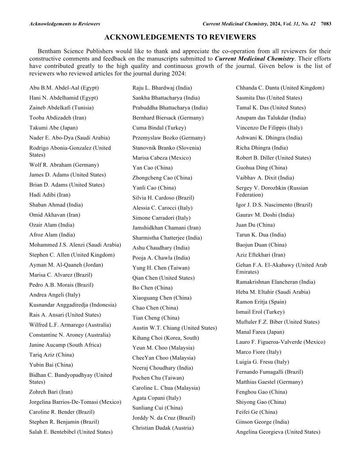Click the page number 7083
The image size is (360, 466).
click(x=326, y=23)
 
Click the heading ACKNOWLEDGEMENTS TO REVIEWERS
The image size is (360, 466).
click(x=180, y=38)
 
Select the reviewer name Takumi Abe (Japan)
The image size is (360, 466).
click(x=53, y=128)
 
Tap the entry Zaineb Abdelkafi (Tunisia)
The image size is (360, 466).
click(x=61, y=108)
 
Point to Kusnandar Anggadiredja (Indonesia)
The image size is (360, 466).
click(x=73, y=304)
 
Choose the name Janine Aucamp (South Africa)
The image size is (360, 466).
click(x=65, y=345)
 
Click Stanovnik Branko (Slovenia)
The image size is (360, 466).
click(x=166, y=148)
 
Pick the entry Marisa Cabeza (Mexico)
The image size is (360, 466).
click(x=161, y=158)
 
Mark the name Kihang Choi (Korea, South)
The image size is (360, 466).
click(x=165, y=338)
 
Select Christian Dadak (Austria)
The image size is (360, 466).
click(x=163, y=428)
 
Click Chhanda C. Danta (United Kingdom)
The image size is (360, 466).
click(x=280, y=88)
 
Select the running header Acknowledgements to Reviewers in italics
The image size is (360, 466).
click(x=64, y=23)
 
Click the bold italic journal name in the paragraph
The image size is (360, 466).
click(x=255, y=59)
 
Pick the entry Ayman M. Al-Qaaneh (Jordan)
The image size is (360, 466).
click(x=66, y=265)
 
